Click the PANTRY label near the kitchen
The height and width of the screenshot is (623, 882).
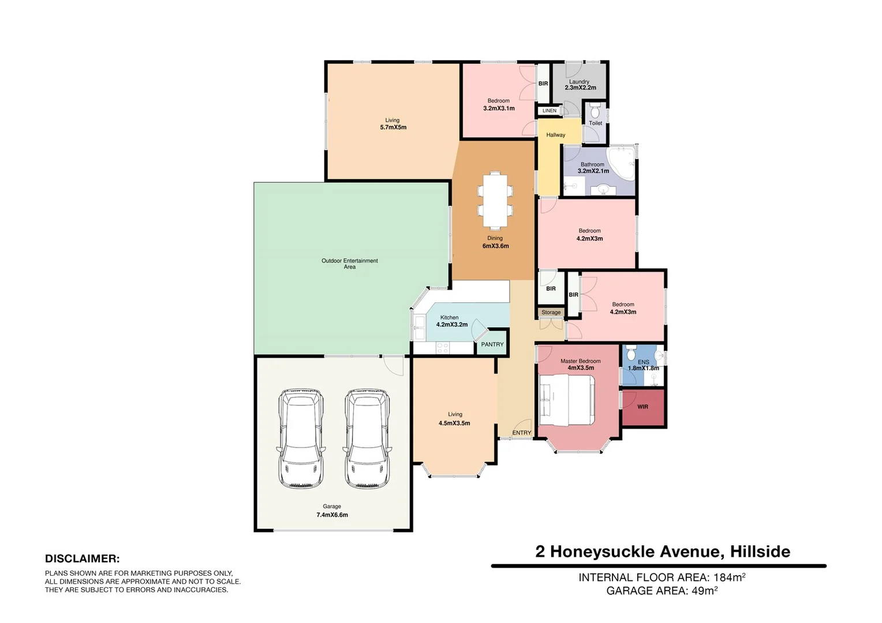[x=492, y=344]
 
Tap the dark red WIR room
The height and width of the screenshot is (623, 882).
[x=642, y=407]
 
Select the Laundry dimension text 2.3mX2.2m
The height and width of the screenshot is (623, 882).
[x=580, y=88]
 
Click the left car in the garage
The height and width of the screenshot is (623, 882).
[x=301, y=438]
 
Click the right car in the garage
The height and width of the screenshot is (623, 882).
[x=367, y=438]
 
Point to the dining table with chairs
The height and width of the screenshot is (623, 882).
[x=495, y=199]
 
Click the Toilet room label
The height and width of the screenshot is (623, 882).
[x=595, y=123]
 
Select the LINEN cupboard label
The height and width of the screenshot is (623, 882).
[x=550, y=111]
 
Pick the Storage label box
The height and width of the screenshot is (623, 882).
[x=551, y=313]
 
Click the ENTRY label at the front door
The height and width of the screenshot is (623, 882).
[x=521, y=433]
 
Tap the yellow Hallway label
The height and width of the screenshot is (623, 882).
[x=555, y=135]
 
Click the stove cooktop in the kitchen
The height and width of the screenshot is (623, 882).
[x=443, y=347]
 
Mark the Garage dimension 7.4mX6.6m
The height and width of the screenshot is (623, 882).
[x=332, y=515]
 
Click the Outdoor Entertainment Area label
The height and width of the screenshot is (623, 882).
[x=349, y=264]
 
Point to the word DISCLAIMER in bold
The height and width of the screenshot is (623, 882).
[x=82, y=559]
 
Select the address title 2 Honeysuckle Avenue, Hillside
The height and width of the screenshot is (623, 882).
[x=662, y=551]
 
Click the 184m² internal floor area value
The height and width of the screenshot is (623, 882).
[x=729, y=577]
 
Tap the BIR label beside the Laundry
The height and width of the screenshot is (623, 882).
[x=543, y=84]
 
